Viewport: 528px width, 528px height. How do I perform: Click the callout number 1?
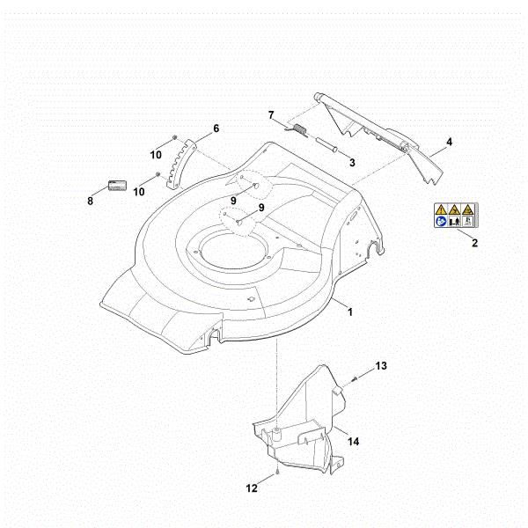[350, 312]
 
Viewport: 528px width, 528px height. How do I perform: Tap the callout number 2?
[474, 243]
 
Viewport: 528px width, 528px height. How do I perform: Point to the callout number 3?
[351, 162]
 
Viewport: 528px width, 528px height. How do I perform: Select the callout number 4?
[449, 141]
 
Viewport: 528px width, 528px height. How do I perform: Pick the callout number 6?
[216, 128]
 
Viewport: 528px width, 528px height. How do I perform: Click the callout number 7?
[272, 114]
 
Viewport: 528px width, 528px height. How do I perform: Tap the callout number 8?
[90, 201]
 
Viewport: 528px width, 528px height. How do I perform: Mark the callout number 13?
[381, 364]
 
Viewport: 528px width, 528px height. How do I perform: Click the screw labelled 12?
[277, 472]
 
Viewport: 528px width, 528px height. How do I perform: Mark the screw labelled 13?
[354, 377]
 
